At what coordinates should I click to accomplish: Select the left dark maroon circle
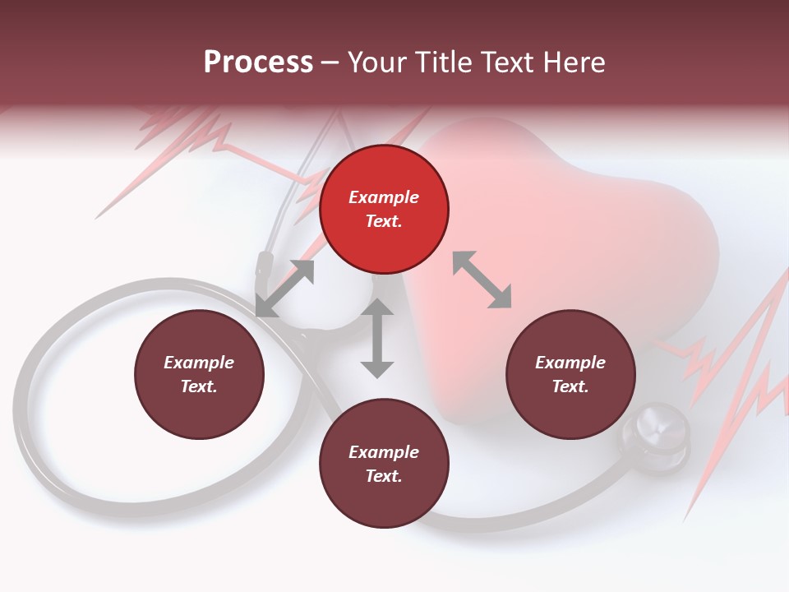(x=199, y=374)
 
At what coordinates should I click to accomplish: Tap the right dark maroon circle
(x=570, y=374)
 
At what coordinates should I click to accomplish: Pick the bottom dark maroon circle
(x=384, y=464)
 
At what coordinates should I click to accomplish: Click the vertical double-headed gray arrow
(x=377, y=338)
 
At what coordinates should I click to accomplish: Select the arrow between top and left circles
(x=285, y=288)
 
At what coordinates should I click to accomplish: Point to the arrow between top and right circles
(x=482, y=280)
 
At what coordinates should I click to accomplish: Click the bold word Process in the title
(x=258, y=62)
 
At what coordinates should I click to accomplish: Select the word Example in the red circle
(x=384, y=197)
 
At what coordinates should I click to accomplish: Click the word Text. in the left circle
(x=199, y=386)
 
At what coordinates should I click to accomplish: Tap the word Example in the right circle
(x=570, y=363)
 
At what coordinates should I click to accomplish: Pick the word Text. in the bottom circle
(x=384, y=476)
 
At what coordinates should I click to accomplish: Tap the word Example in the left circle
(x=199, y=363)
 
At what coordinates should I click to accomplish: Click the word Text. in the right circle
(x=570, y=386)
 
